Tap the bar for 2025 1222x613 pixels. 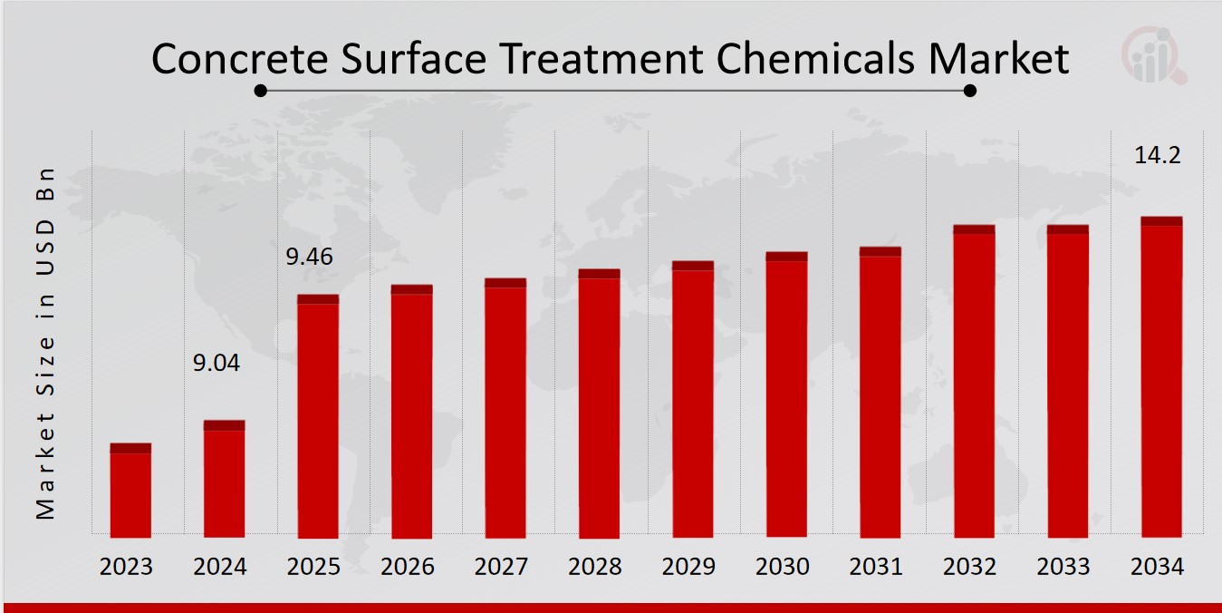pos(318,416)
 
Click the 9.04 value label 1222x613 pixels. pos(217,364)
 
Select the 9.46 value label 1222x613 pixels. pos(310,257)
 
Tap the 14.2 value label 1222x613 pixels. pos(1158,155)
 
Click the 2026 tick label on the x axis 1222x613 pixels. pos(408,567)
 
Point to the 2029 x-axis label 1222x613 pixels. pos(689,567)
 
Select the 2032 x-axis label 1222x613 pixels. pos(970,567)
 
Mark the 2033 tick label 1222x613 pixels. pos(1063,567)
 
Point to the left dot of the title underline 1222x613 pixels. pos(261,90)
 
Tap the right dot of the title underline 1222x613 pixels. pos(969,90)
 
